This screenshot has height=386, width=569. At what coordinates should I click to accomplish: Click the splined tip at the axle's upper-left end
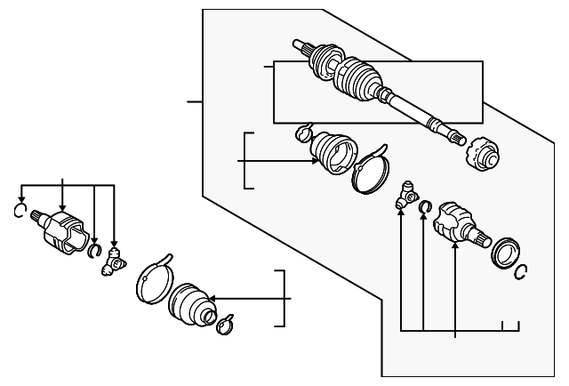pos(300,44)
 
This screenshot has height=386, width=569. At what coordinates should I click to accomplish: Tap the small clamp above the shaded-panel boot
pos(303,133)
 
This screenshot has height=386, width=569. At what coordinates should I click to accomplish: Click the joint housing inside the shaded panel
pos(458,223)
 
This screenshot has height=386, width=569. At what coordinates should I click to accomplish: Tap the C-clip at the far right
pos(524,270)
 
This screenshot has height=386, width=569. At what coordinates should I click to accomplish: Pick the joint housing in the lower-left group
pos(64,229)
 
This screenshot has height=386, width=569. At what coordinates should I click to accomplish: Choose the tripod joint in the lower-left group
pos(114,261)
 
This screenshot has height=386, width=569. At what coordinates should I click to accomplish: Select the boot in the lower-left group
pos(190,303)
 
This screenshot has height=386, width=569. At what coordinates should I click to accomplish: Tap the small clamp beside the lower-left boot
pos(224,324)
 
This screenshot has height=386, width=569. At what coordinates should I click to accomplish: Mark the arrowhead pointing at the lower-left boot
pos(210,300)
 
